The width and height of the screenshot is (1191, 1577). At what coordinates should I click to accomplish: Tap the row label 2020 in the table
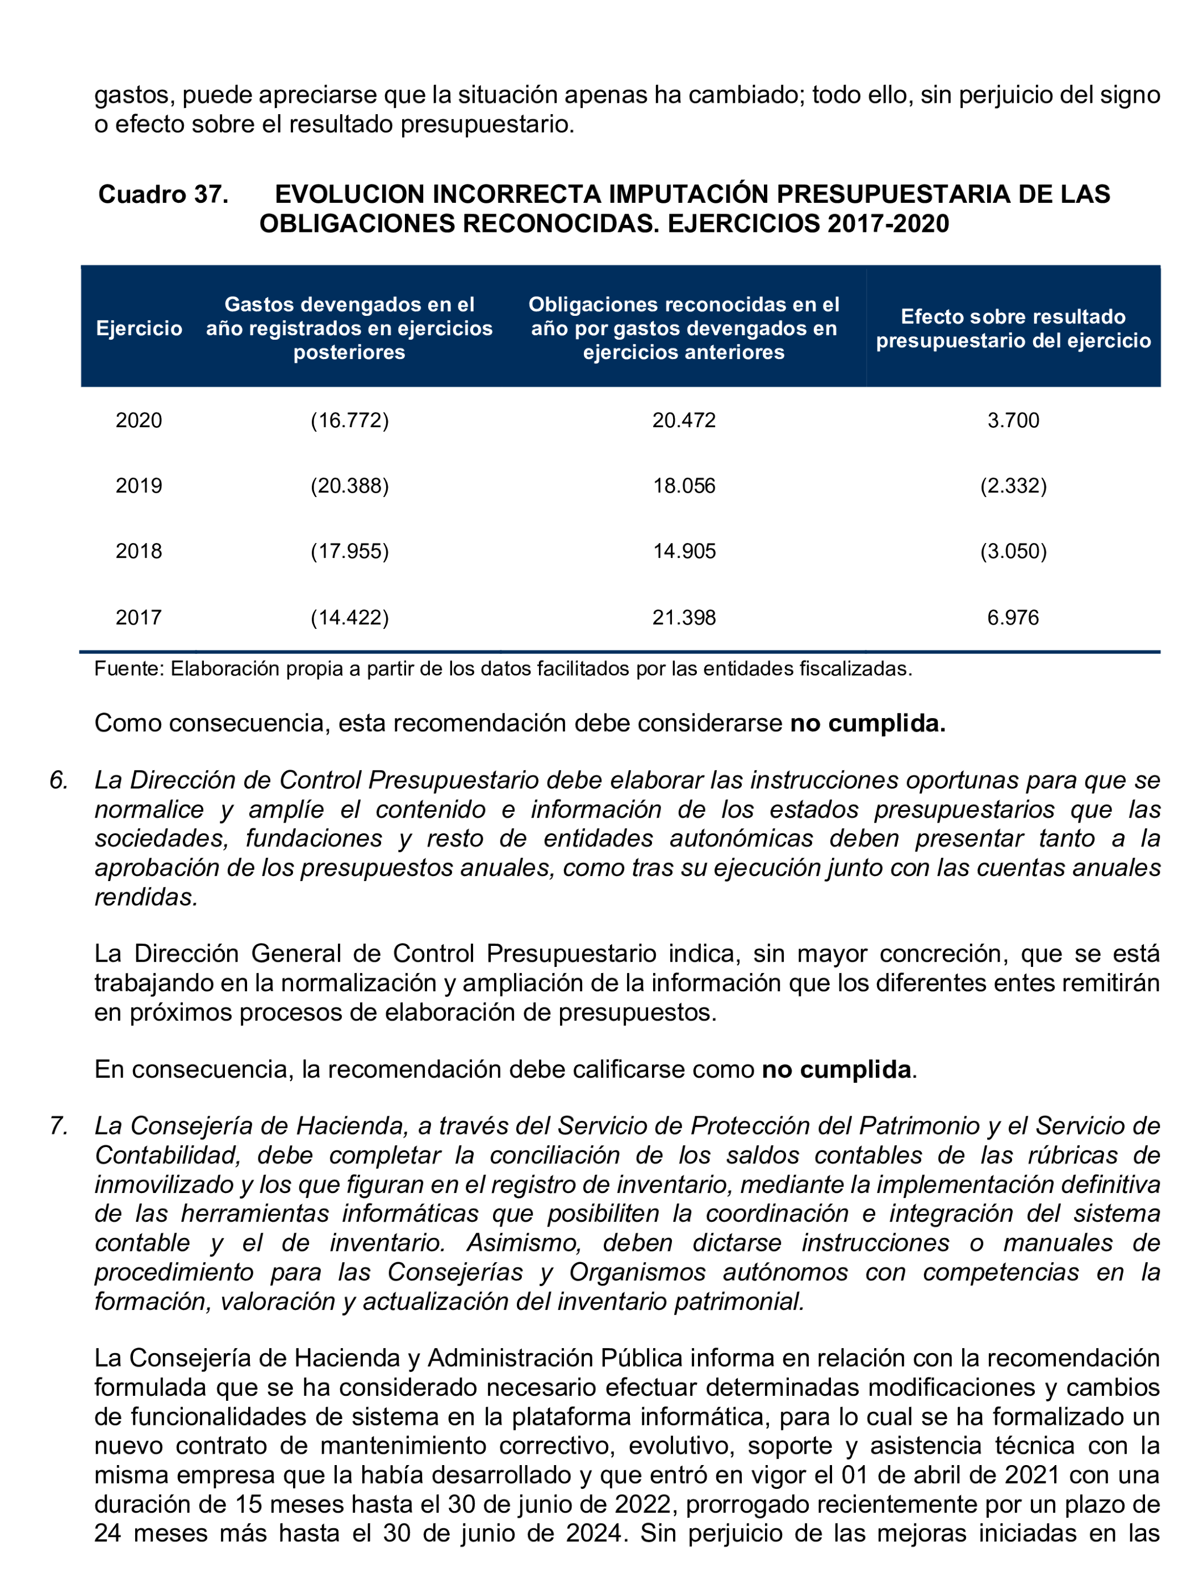pos(139,420)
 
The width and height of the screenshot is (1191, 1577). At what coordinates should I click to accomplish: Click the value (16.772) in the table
pos(349,420)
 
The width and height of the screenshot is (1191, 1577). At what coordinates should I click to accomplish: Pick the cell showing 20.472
pos(683,420)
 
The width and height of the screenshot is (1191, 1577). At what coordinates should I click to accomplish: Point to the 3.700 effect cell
pos(1013,420)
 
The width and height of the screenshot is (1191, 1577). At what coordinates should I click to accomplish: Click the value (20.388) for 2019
pos(349,486)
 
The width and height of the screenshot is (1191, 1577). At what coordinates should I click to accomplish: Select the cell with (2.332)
pos(1013,486)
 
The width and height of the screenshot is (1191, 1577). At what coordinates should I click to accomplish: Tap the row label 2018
pos(139,551)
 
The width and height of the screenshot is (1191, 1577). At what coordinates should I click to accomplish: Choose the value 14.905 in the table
pos(683,551)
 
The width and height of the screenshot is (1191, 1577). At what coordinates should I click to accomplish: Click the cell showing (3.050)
pos(1013,551)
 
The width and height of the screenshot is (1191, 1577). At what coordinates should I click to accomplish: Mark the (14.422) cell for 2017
pos(349,617)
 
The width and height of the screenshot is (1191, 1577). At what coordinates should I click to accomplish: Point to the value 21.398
pos(683,617)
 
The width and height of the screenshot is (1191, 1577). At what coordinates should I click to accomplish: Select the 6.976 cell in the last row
pos(1013,617)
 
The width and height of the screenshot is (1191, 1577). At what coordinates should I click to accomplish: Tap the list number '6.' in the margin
pos(58,780)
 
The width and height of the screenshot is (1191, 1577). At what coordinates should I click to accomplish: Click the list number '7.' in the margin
pos(58,1126)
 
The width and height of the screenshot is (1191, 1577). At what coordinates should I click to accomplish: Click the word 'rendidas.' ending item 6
pos(146,897)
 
